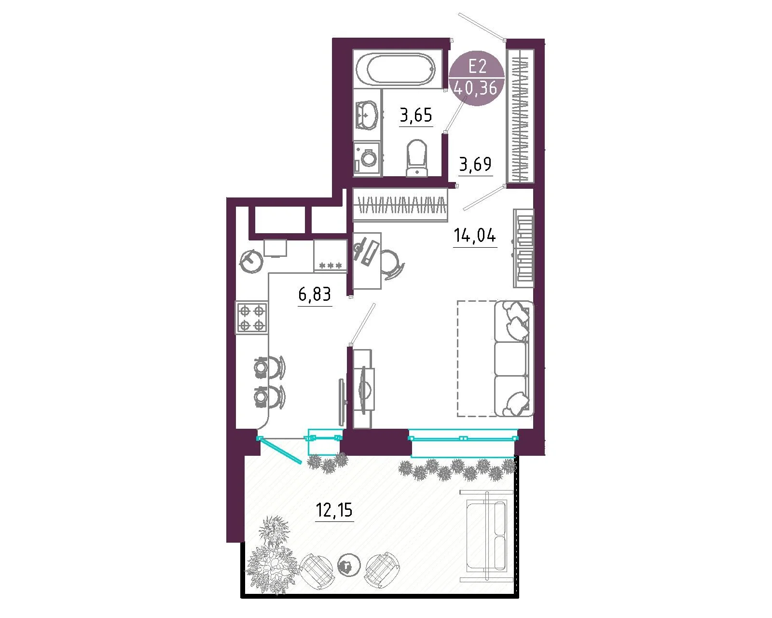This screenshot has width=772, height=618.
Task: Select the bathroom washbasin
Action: click(x=366, y=114)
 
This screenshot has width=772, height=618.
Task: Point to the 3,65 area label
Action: click(x=416, y=115)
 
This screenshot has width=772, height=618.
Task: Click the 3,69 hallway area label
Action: click(x=475, y=165)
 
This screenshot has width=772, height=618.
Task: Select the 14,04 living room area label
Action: click(x=475, y=236)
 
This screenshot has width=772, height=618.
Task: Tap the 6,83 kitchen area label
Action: click(x=315, y=294)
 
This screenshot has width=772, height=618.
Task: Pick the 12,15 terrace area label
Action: click(x=334, y=510)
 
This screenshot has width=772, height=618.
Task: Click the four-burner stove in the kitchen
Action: click(x=252, y=318)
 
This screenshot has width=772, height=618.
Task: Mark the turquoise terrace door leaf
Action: click(x=280, y=450)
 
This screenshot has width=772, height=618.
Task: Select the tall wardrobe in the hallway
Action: click(x=520, y=115)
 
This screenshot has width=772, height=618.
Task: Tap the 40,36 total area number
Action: click(x=476, y=87)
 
